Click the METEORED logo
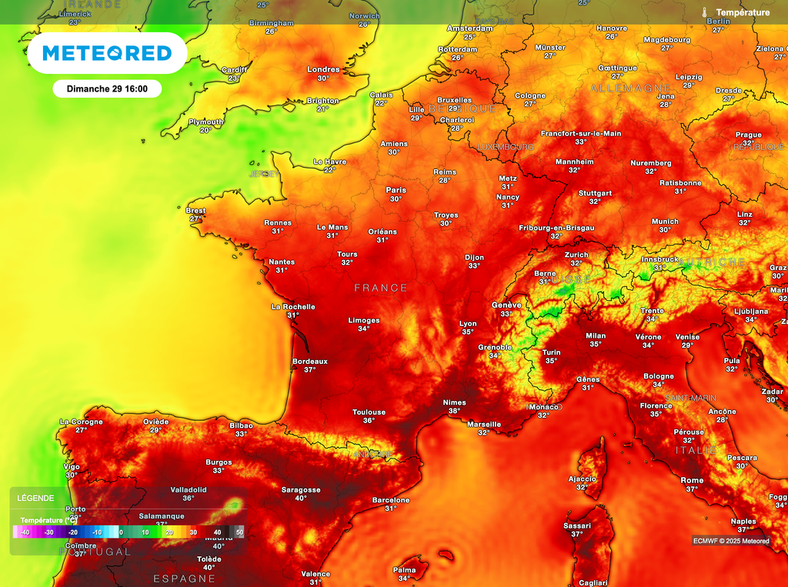coord(106,53)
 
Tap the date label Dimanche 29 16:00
coord(106,88)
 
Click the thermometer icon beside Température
coord(704,12)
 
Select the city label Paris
coord(396,190)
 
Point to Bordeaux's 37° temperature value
coord(310,370)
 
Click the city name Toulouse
coord(369,412)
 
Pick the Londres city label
coord(323,69)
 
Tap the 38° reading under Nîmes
coord(454,411)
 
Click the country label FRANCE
coord(381,288)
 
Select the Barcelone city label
coord(391,500)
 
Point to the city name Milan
coord(596,335)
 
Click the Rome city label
coord(692,480)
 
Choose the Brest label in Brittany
coord(195,210)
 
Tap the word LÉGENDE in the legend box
coord(35,498)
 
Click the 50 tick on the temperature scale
coord(239,532)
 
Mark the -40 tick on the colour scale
coord(25,532)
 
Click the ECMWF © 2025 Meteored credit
coord(730,541)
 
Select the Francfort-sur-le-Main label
coord(580,133)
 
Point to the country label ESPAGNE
coord(184,579)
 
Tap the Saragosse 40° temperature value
coord(300,499)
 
